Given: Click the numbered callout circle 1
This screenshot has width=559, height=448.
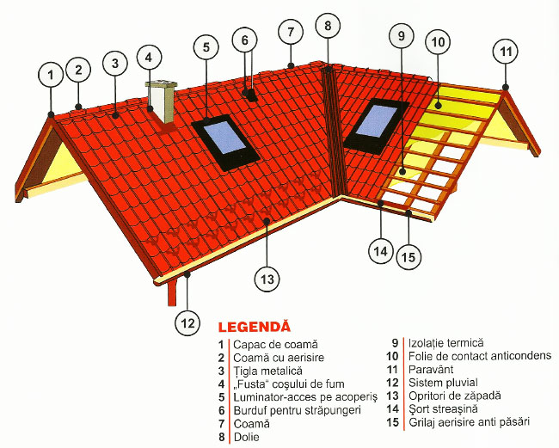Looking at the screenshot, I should coord(52,77).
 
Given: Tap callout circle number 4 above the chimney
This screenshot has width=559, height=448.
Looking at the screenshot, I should coord(149,58).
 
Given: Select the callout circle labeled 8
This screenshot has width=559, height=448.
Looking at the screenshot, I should coord(327,27).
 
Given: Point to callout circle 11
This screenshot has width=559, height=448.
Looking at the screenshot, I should coord(507,52).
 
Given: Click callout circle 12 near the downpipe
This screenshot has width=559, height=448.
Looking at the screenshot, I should coord(187,323).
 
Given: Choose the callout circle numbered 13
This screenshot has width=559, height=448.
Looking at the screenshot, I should coord(267,278).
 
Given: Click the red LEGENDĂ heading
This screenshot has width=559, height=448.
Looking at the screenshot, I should coord(255,327).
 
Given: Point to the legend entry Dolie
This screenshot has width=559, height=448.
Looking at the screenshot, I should coord(246,437).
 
